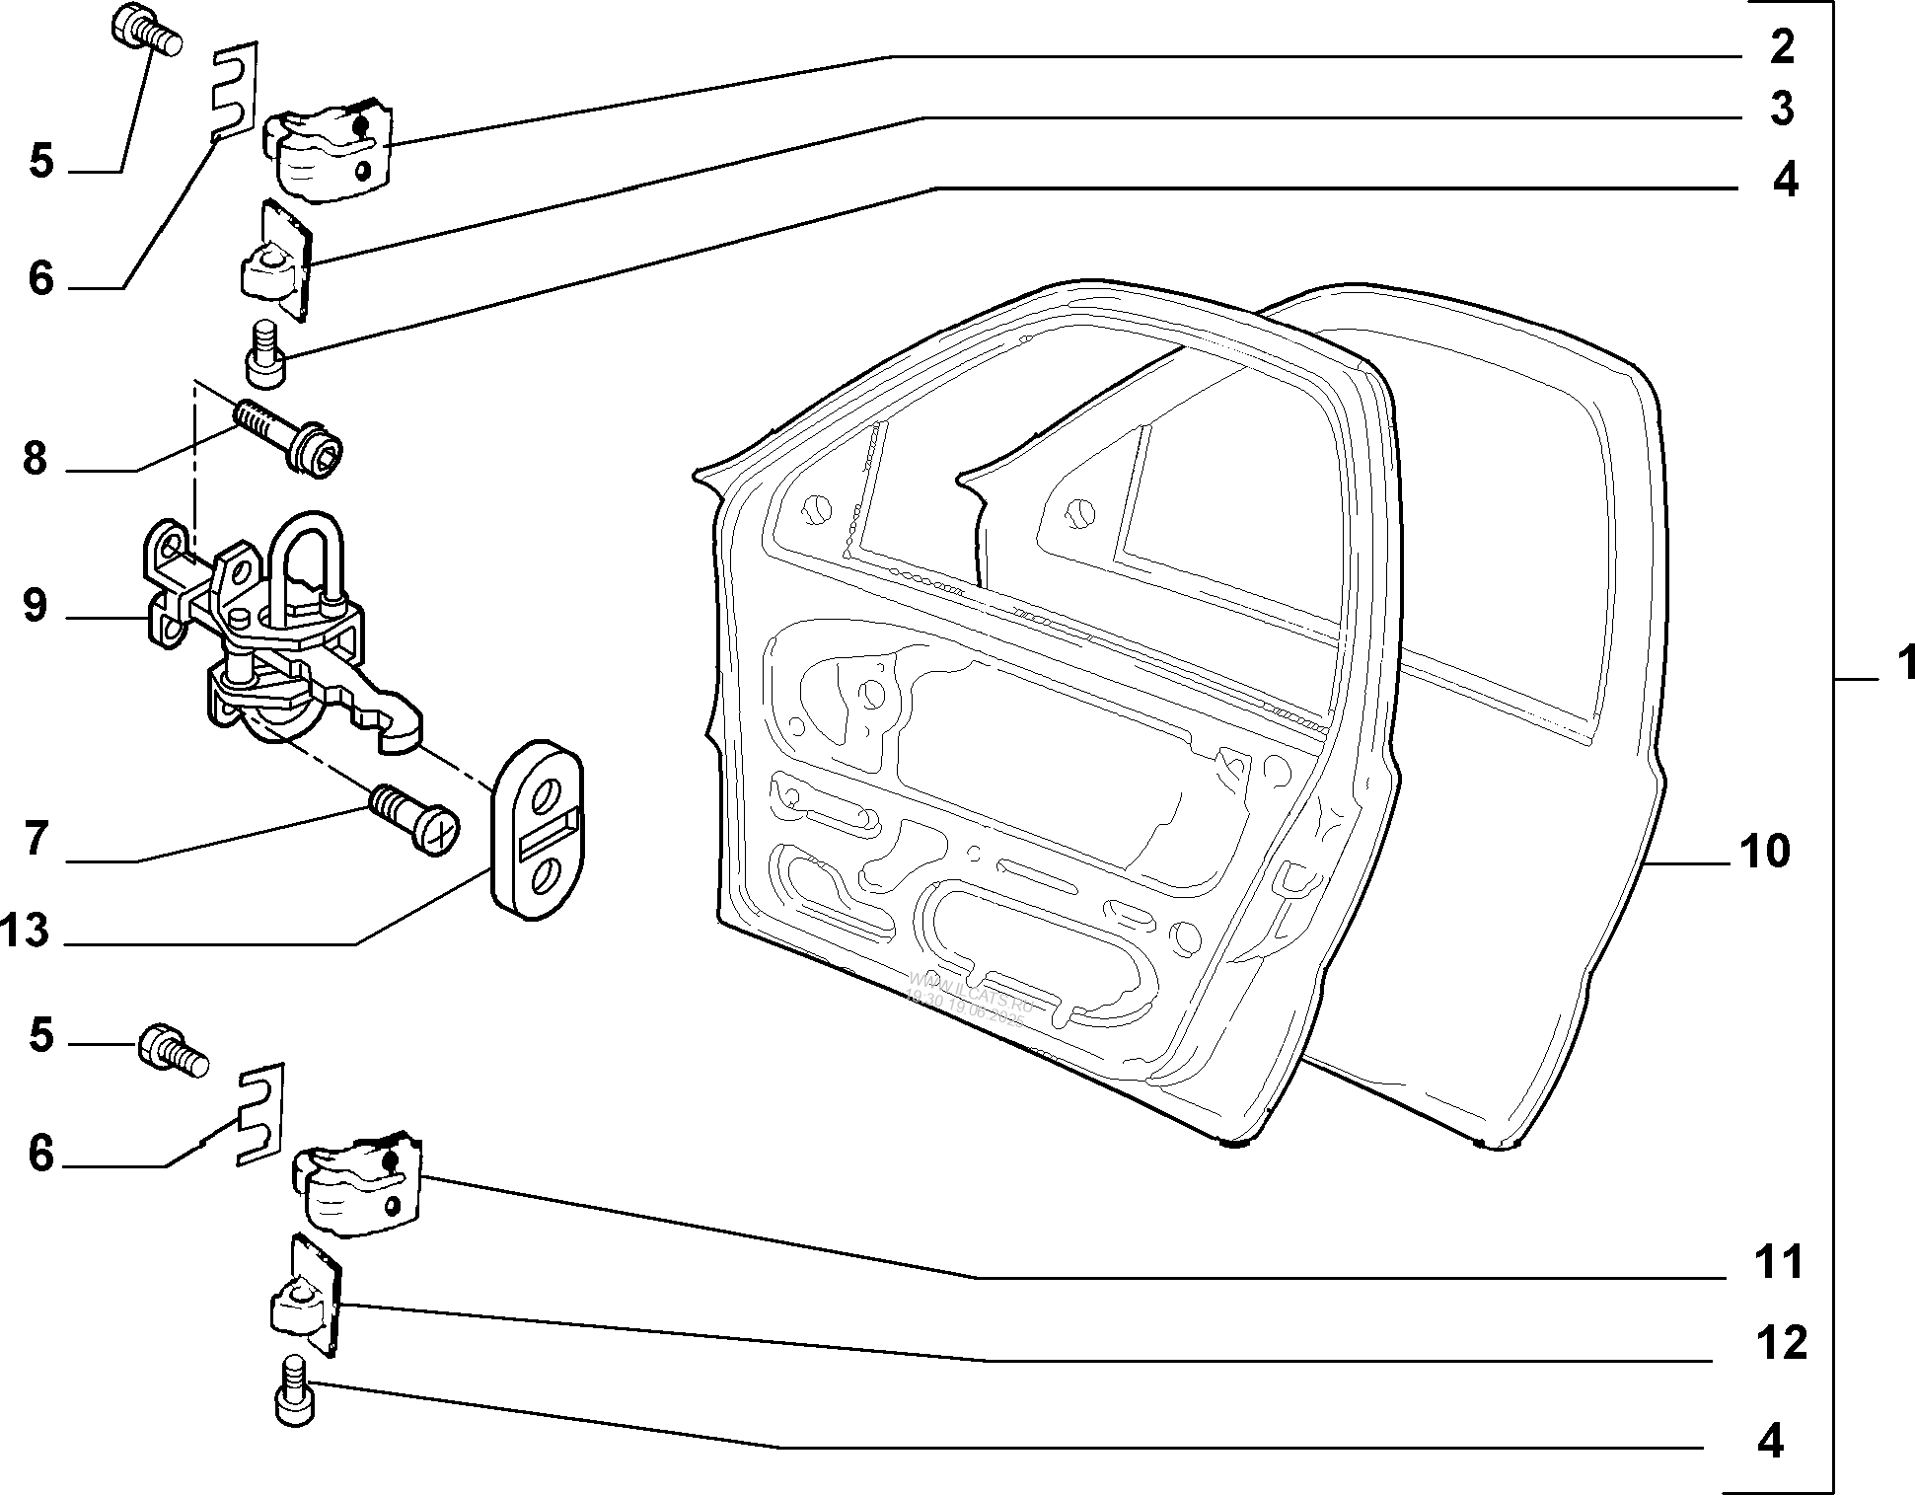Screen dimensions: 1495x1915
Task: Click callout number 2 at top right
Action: [1780, 47]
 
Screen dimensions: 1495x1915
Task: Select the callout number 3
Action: [1781, 110]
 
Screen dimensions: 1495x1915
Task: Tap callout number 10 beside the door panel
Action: [1764, 851]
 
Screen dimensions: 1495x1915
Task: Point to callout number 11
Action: [1779, 1262]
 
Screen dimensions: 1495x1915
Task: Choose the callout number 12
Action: [1781, 1343]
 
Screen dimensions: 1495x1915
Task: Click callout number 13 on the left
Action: [26, 931]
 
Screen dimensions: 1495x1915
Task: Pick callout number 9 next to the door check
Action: [36, 605]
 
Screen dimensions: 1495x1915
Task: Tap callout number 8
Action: [36, 459]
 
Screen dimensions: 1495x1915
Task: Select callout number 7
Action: [36, 840]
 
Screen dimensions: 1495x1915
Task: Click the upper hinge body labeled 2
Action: [329, 153]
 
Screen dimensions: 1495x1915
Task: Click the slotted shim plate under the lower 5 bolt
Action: [260, 1115]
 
